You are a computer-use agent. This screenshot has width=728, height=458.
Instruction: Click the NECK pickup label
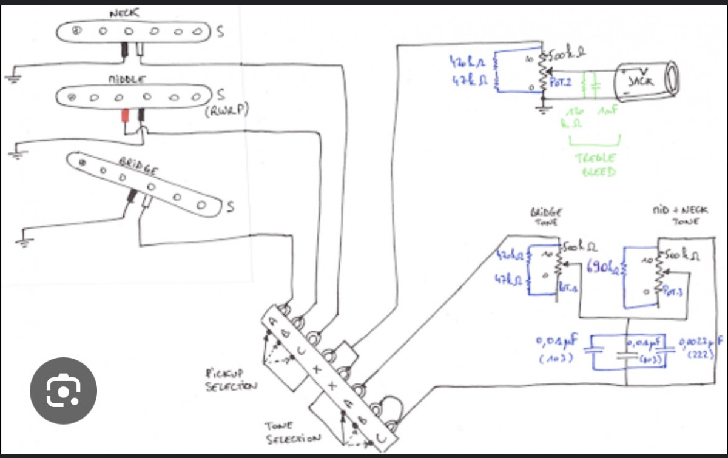point(124,13)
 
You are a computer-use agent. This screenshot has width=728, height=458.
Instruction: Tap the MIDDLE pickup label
point(126,79)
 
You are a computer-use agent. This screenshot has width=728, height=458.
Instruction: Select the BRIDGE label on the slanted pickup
point(138,166)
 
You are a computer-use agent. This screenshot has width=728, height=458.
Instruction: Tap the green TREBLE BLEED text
point(596,164)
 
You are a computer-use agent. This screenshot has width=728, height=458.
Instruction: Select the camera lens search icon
point(63,391)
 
